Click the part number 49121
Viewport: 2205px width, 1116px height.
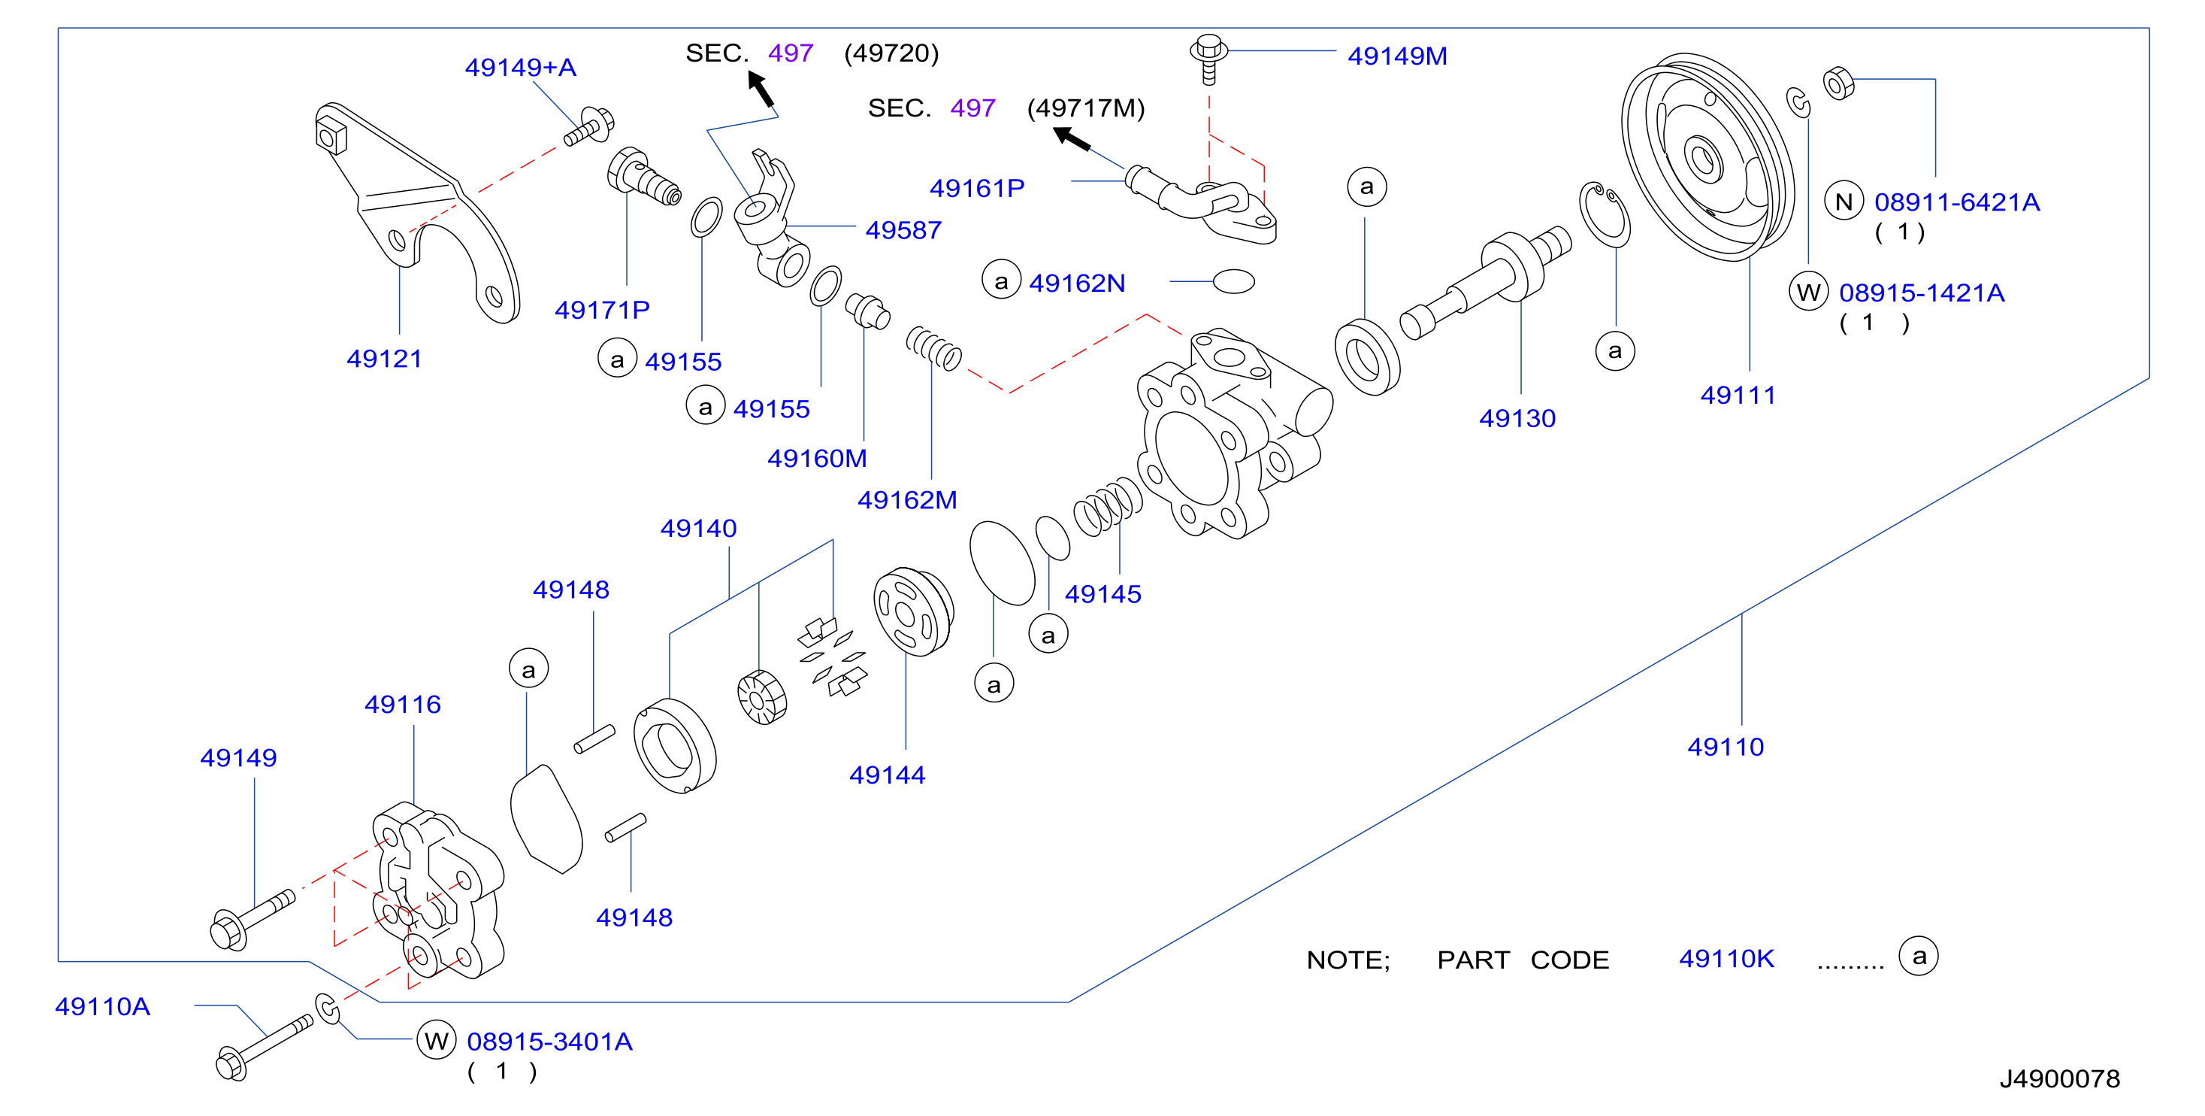384,359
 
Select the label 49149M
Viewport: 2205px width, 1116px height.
1397,56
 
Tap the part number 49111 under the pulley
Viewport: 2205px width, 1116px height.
1738,396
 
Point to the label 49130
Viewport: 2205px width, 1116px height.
1517,419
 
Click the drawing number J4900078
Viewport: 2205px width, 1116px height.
2059,1078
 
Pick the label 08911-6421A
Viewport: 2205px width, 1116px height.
1957,202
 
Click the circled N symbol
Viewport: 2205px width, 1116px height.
1844,202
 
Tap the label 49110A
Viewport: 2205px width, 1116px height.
103,1006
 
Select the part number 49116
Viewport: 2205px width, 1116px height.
402,704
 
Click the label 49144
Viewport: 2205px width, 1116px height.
887,775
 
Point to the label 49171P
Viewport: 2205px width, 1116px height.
602,310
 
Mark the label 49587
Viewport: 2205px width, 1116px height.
903,230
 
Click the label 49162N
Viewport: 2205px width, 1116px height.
1077,284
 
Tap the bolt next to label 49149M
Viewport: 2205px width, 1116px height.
1208,58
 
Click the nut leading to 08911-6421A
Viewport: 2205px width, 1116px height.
1839,83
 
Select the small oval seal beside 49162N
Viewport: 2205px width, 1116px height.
1233,281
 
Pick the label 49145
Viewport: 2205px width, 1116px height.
1102,594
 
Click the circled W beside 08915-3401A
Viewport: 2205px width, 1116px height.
437,1041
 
